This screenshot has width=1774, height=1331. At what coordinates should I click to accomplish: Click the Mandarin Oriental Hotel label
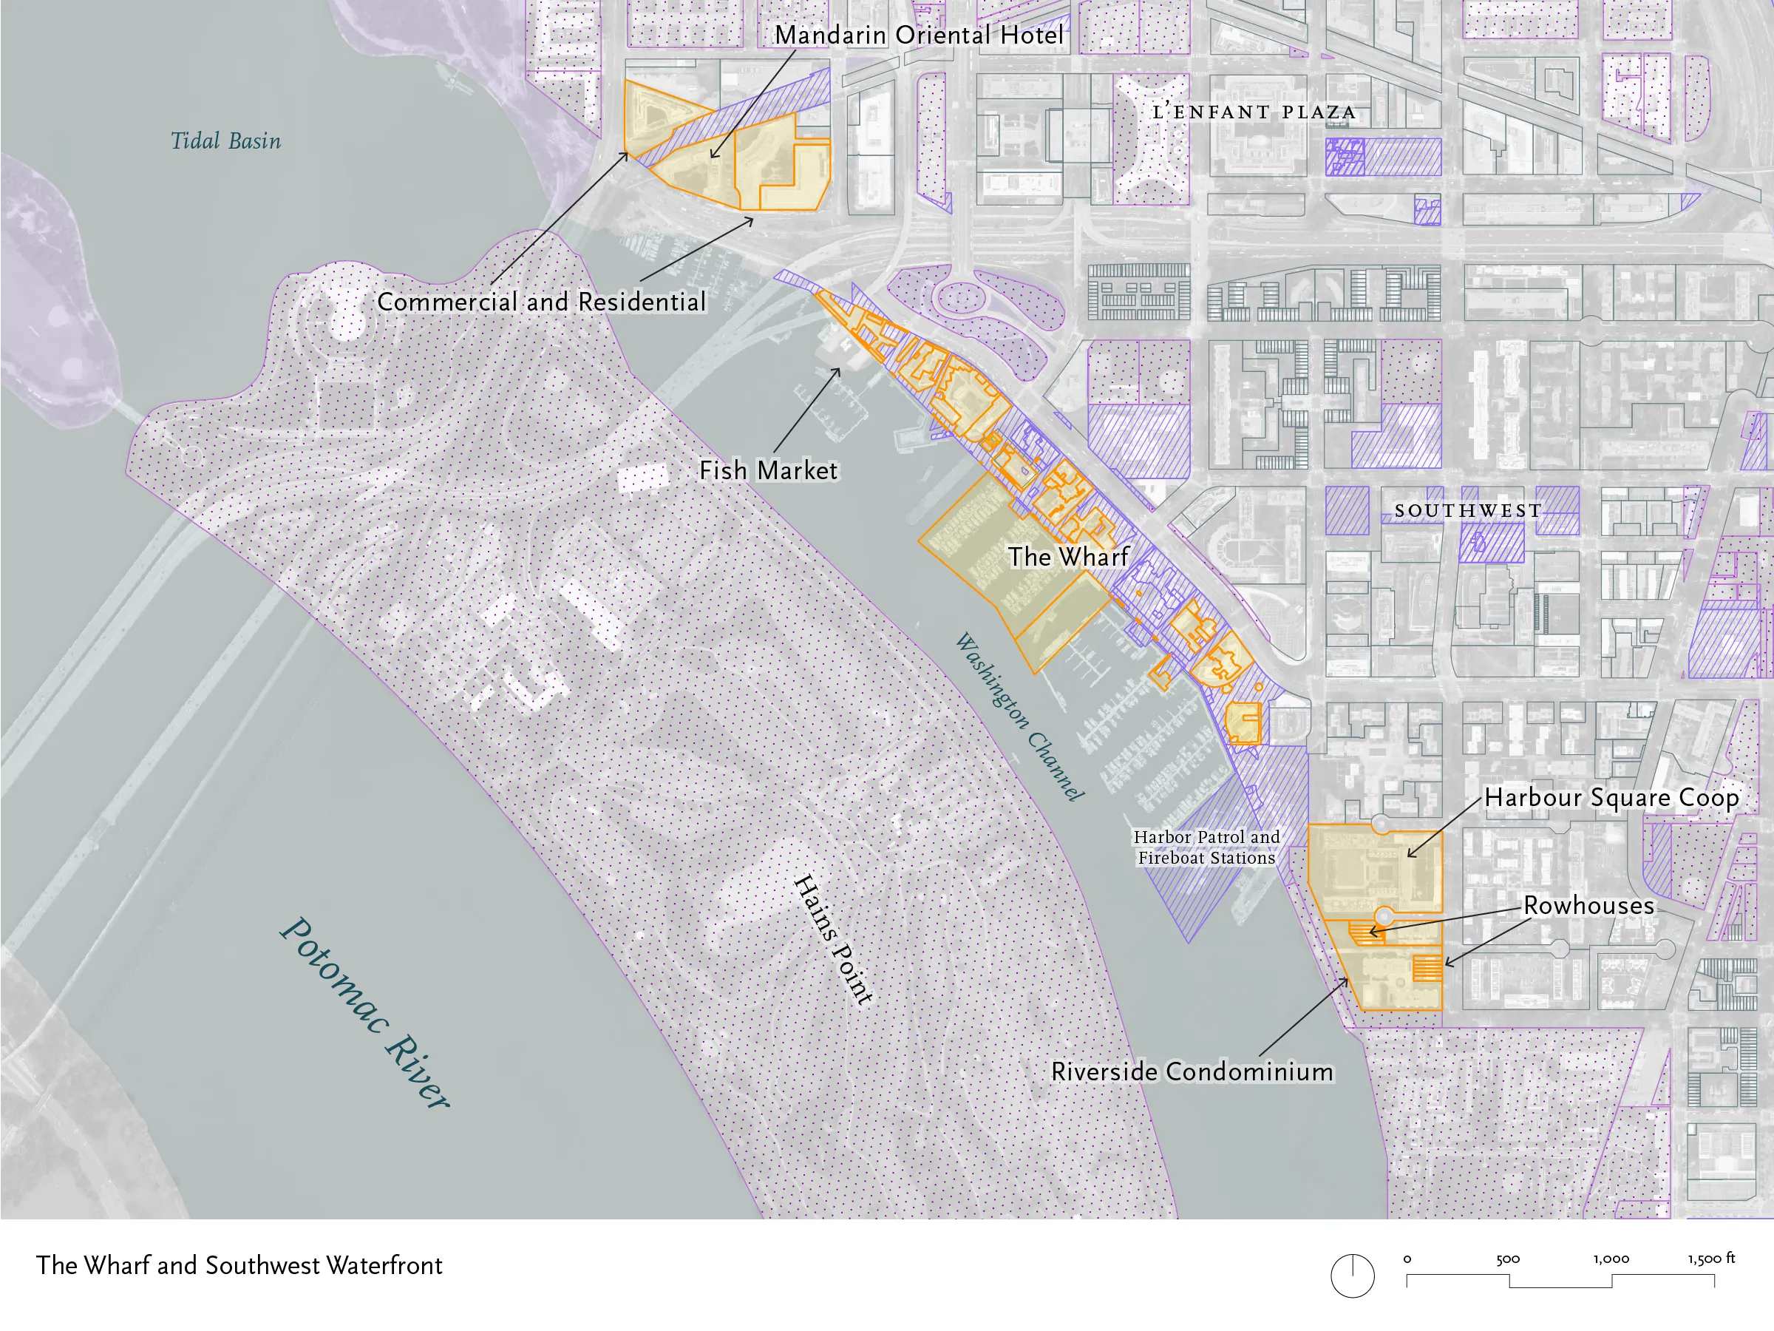[919, 35]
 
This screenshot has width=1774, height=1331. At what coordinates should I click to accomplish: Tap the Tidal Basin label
[226, 141]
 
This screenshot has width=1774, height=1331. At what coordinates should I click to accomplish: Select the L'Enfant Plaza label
[1254, 112]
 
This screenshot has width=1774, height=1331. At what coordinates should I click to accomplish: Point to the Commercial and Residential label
[541, 302]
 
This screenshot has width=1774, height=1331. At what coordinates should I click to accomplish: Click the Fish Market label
[767, 471]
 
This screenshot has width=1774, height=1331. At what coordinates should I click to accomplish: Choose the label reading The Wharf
[1067, 557]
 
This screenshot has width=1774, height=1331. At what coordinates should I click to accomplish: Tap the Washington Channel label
[1019, 717]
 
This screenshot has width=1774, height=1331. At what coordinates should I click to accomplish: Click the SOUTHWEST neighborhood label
[1468, 511]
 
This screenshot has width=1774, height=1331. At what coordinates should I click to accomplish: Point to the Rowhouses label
[1588, 906]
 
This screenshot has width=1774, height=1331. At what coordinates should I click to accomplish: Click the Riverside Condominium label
[1192, 1072]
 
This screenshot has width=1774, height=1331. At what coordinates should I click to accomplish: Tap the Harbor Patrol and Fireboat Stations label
[1206, 847]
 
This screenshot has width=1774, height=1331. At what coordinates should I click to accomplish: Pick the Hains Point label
[832, 938]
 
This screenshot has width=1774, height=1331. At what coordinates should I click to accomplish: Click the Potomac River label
[365, 1013]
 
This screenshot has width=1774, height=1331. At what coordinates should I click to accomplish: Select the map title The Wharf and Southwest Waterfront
[239, 1265]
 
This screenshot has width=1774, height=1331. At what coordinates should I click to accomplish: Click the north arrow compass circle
[1352, 1276]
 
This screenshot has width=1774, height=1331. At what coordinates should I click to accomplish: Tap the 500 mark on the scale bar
[1508, 1259]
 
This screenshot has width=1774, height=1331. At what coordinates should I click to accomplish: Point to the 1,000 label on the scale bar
[1611, 1259]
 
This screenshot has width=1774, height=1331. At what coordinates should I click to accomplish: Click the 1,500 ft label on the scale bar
[1710, 1259]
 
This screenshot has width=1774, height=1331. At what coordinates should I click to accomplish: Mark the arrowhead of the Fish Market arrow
[839, 369]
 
